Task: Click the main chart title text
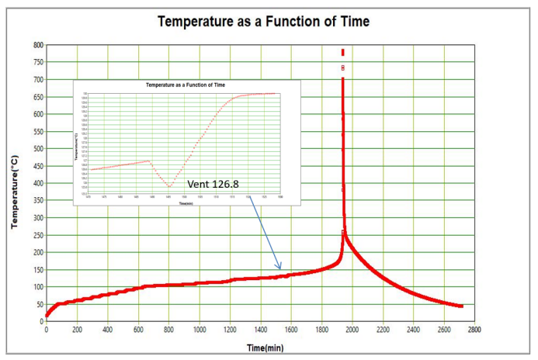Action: tap(263, 21)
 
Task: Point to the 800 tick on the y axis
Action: tap(36, 45)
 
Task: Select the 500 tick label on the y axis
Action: tap(36, 149)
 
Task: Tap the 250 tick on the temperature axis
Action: tap(36, 235)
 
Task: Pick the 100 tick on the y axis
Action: tap(36, 287)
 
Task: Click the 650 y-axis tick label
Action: tap(36, 97)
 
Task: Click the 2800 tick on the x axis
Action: tap(474, 329)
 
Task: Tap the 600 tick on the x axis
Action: tap(137, 329)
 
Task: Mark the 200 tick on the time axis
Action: tap(77, 329)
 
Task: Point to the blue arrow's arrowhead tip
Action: tap(281, 270)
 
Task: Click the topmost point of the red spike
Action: tap(343, 50)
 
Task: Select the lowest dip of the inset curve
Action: tap(169, 187)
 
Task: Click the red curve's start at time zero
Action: tap(47, 315)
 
